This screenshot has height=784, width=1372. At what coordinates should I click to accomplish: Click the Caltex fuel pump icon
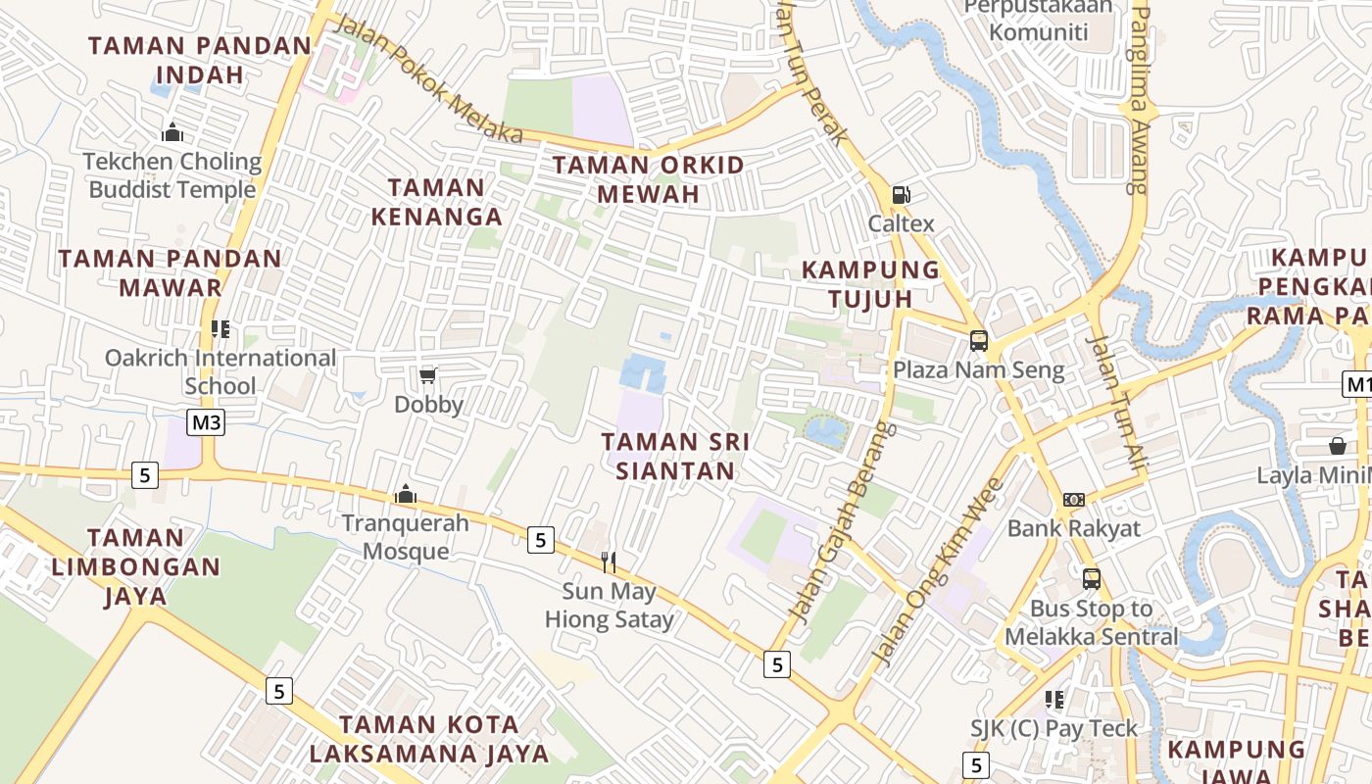[x=901, y=195]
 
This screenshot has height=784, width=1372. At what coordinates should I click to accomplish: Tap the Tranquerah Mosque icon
[x=405, y=495]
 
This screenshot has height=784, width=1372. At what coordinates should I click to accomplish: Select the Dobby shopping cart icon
[x=427, y=375]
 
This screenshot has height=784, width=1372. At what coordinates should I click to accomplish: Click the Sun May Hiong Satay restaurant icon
[x=609, y=562]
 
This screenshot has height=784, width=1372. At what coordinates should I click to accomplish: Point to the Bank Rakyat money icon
[x=1074, y=500]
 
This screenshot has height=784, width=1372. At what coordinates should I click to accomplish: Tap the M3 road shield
[x=207, y=422]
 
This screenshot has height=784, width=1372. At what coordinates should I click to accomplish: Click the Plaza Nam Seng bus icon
[x=978, y=341]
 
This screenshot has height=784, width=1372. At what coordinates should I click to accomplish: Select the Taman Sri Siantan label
[x=675, y=457]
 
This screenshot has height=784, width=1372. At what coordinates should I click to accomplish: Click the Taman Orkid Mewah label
[x=648, y=179]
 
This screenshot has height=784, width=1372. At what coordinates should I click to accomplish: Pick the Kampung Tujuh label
[x=870, y=284]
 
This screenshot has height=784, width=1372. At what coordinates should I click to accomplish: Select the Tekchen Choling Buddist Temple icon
[x=172, y=132]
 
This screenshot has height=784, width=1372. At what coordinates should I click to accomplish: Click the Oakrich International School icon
[x=220, y=329]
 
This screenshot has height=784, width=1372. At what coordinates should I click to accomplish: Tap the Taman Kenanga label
[x=436, y=202]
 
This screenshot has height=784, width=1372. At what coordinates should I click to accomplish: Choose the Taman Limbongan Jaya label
[x=136, y=566]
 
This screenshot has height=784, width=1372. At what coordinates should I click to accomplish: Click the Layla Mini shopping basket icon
[x=1338, y=447]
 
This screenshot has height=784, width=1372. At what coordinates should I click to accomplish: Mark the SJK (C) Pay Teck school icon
[x=1054, y=700]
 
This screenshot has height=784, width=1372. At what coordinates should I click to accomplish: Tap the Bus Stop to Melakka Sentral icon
[x=1091, y=579]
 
